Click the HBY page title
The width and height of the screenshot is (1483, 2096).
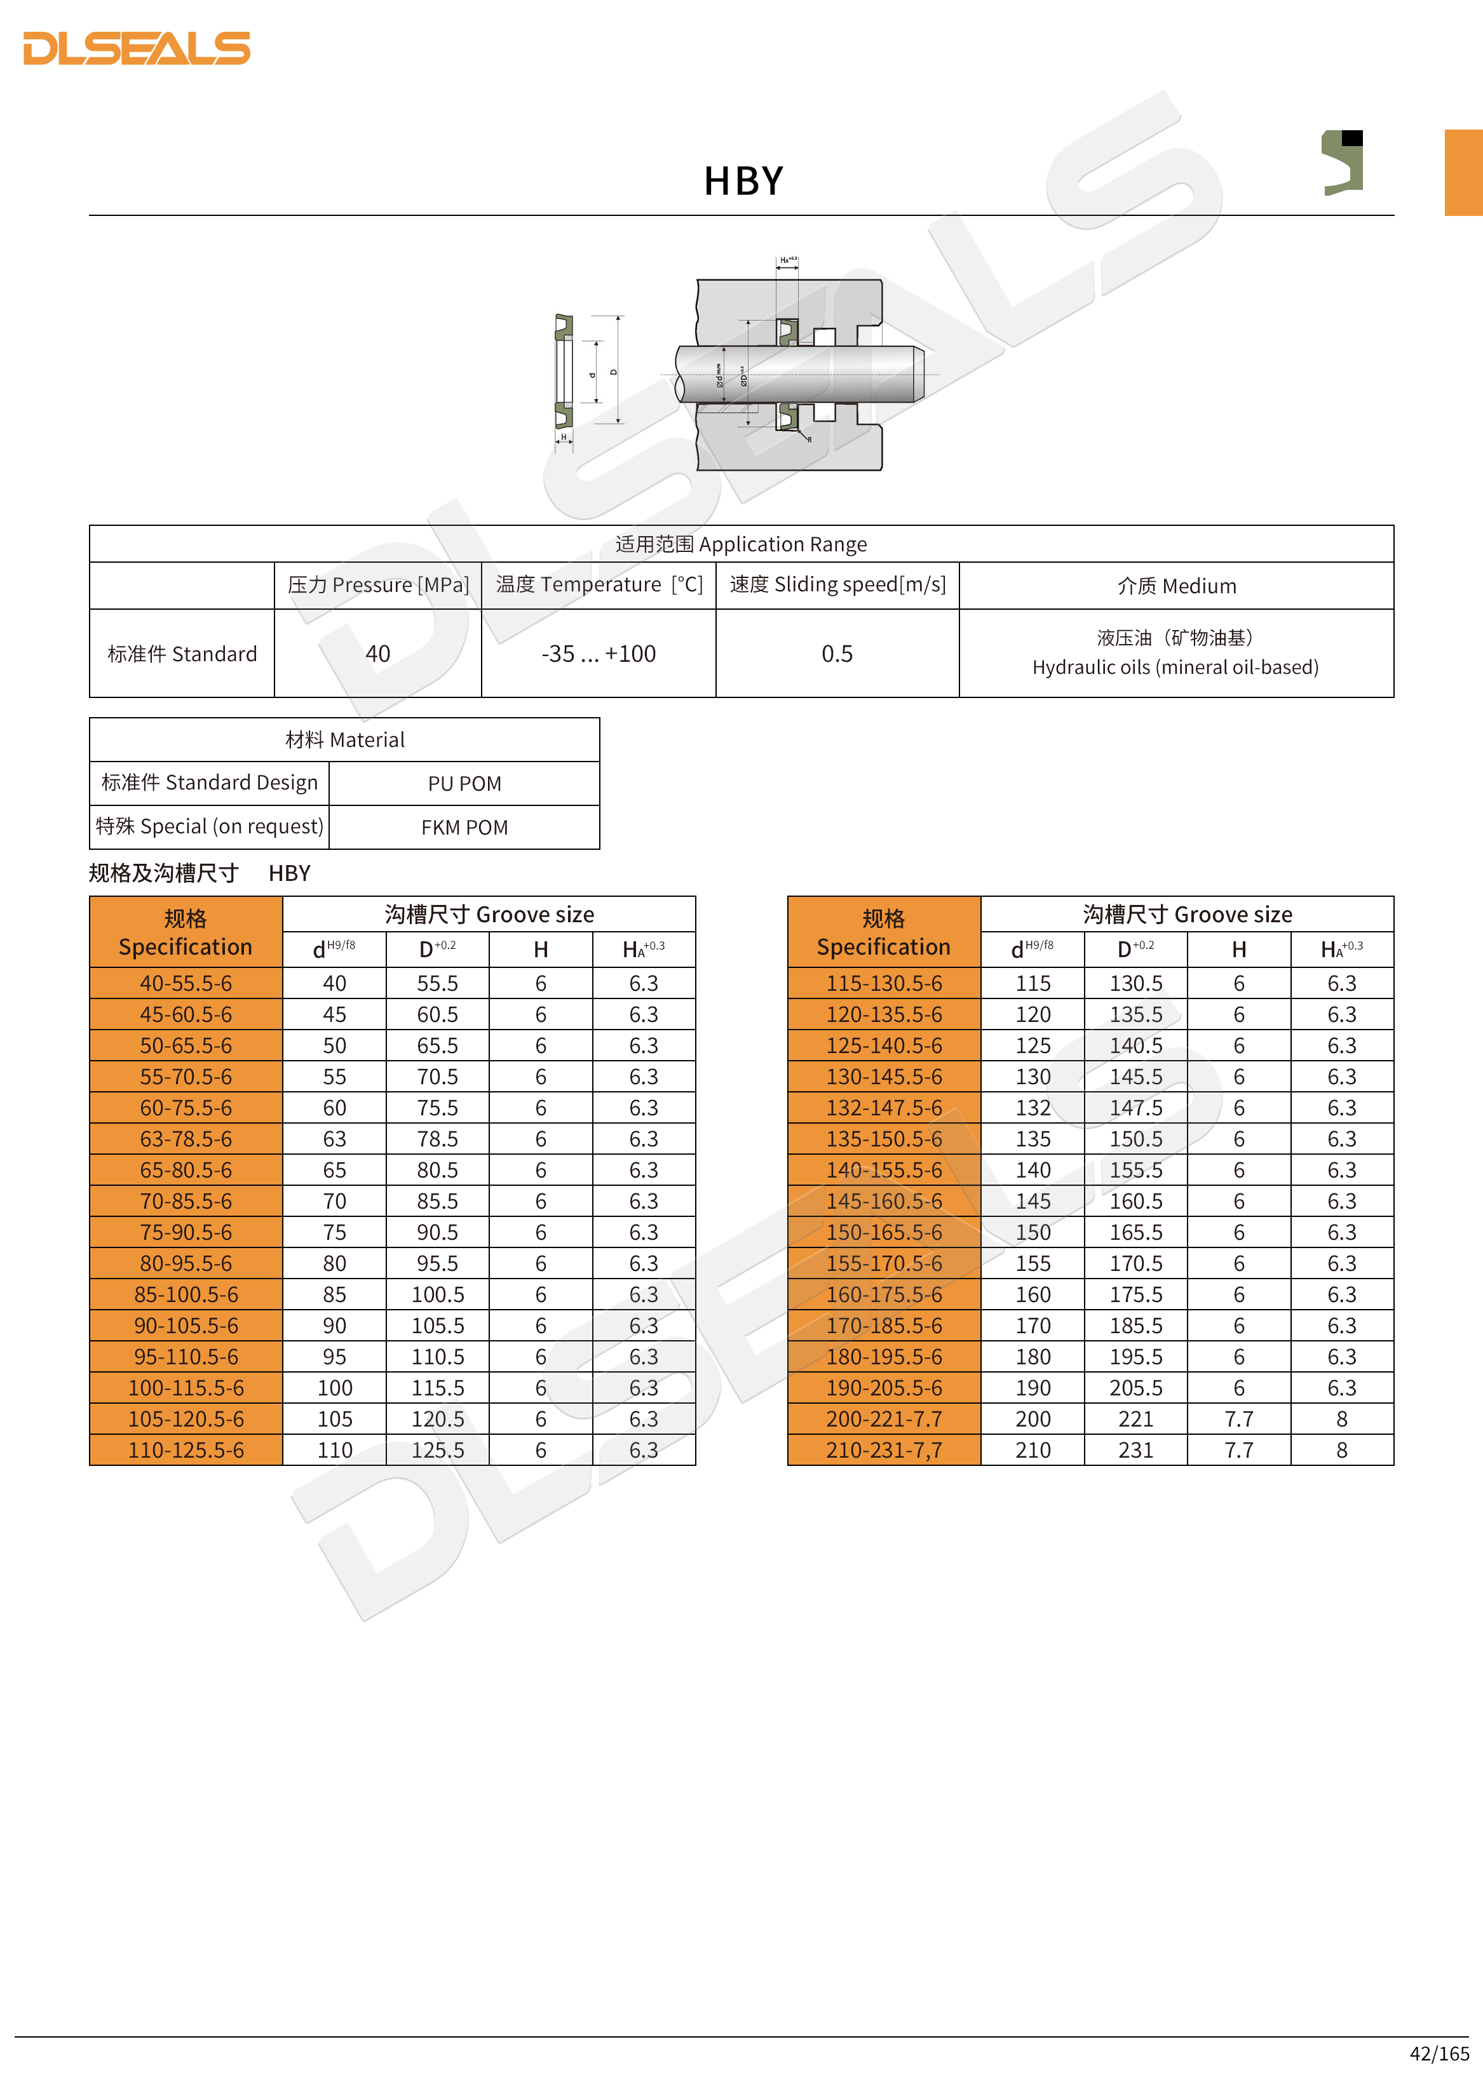click(x=743, y=181)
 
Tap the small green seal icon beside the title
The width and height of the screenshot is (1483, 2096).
click(x=1343, y=163)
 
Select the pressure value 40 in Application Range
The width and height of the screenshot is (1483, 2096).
click(x=377, y=654)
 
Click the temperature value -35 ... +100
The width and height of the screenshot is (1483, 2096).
click(x=598, y=654)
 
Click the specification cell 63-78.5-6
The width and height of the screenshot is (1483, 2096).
click(x=186, y=1138)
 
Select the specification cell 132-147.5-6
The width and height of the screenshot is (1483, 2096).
click(x=884, y=1107)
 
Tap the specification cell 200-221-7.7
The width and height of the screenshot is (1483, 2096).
click(x=884, y=1419)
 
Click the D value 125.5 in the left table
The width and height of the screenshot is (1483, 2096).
click(x=437, y=1449)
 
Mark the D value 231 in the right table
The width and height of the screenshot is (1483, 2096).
click(x=1136, y=1449)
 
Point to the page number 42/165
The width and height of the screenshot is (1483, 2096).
click(x=1439, y=2053)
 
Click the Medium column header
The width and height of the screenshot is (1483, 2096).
click(x=1176, y=586)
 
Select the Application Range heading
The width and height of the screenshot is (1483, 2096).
click(x=741, y=544)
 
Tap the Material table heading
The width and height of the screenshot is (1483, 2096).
click(x=344, y=739)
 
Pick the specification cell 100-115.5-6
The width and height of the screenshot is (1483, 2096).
click(x=186, y=1388)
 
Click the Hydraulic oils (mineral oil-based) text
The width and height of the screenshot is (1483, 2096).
click(x=1175, y=668)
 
